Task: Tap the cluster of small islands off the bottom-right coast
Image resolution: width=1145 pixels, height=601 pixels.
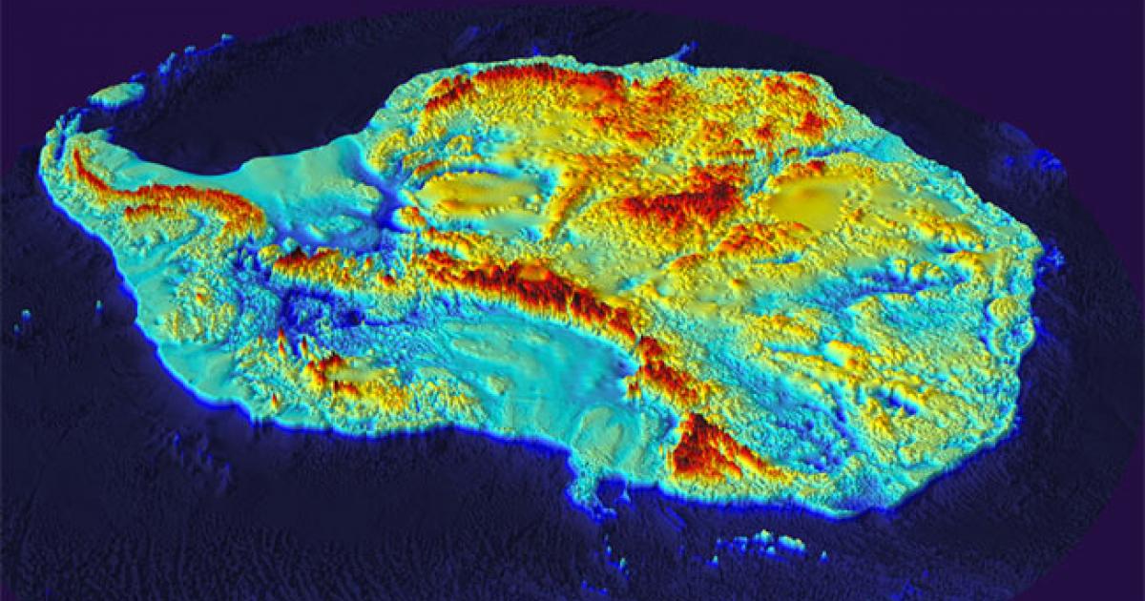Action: point(763,544)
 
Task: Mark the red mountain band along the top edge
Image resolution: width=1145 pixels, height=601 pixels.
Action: point(534,81)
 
